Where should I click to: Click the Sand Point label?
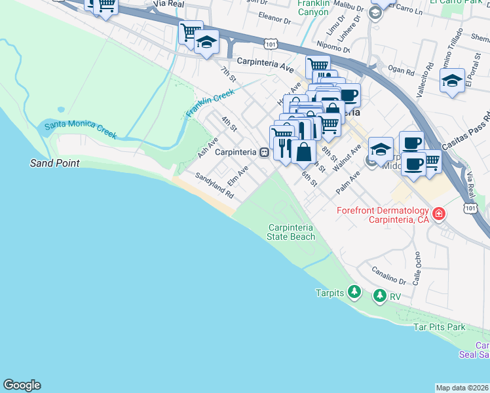tap(54, 162)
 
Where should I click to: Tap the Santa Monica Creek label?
tap(80, 130)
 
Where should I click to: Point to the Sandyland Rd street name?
tap(214, 185)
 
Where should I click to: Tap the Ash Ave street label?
tap(208, 148)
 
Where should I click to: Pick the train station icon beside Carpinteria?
tap(264, 152)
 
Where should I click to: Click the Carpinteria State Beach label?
tap(291, 232)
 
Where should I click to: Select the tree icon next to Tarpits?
tap(354, 291)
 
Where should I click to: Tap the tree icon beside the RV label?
tap(379, 297)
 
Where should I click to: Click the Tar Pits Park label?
tap(439, 326)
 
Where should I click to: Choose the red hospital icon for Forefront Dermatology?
tap(438, 214)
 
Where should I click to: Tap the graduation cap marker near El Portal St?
tap(452, 81)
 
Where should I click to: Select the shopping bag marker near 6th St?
tap(303, 152)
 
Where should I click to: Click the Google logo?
tap(22, 385)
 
